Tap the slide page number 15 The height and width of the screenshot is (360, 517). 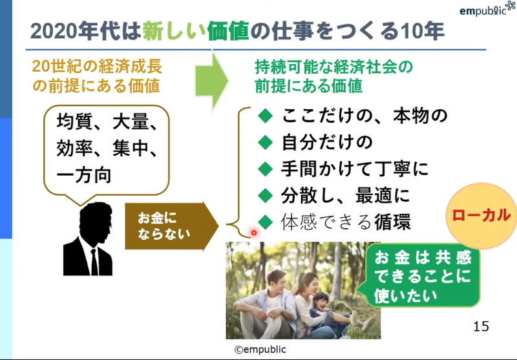click(481, 324)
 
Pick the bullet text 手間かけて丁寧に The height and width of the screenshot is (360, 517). click(354, 169)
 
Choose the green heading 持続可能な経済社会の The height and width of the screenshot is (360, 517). click(333, 67)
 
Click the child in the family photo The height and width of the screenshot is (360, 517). click(321, 305)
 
